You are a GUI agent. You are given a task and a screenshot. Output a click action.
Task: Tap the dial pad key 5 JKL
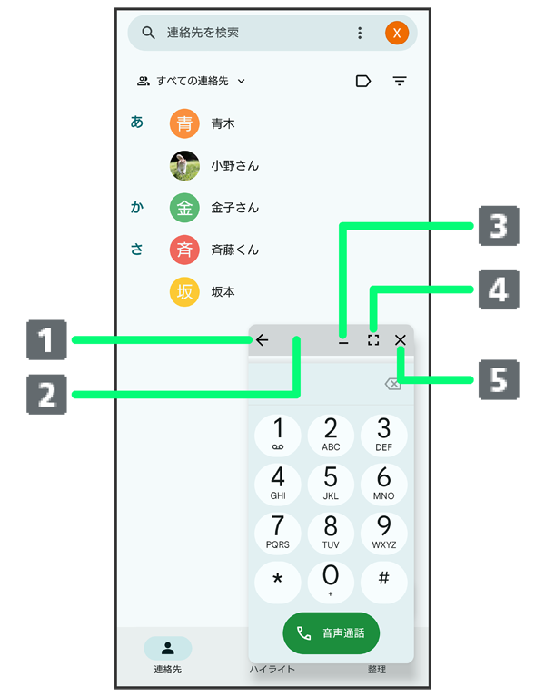(x=331, y=483)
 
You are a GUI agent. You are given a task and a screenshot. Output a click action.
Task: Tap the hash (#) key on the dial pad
(x=383, y=581)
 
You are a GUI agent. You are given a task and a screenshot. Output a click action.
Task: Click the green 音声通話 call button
(x=331, y=632)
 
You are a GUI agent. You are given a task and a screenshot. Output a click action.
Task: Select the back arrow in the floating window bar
(x=263, y=340)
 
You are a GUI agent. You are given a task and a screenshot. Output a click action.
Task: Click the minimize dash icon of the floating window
(x=343, y=341)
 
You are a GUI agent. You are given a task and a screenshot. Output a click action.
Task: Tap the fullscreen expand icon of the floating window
(x=373, y=340)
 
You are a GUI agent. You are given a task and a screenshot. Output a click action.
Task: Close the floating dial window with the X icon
(x=401, y=340)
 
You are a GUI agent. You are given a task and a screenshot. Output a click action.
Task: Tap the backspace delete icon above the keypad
(x=392, y=385)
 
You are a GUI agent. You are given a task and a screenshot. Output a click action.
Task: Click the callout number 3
(x=498, y=226)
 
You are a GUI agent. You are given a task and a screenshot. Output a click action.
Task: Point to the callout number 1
(x=45, y=341)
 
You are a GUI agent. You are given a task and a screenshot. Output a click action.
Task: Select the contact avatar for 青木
(x=184, y=123)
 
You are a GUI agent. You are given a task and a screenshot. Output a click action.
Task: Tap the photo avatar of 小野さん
(x=184, y=165)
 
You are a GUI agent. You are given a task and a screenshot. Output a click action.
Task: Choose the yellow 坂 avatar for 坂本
(x=184, y=291)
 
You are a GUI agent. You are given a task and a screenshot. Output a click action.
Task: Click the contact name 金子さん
(x=234, y=208)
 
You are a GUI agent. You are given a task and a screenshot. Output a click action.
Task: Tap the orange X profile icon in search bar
(x=397, y=33)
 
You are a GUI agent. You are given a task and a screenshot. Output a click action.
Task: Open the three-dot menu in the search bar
(x=360, y=33)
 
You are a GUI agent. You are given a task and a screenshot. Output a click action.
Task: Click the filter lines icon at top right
(x=400, y=81)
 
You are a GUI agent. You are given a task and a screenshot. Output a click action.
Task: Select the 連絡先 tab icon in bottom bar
(x=168, y=648)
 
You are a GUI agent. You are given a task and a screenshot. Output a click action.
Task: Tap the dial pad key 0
(x=331, y=581)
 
